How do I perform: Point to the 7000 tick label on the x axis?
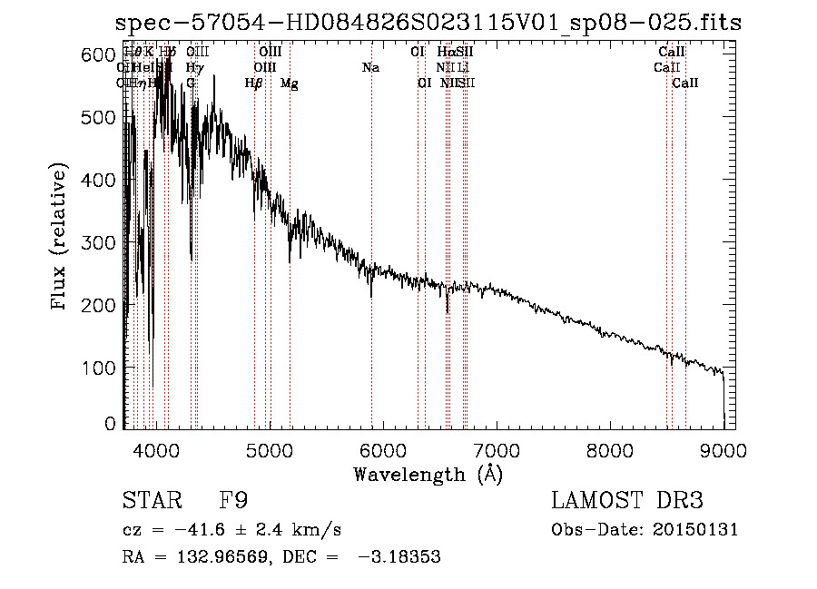pyautogui.click(x=497, y=449)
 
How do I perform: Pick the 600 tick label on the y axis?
pyautogui.click(x=96, y=54)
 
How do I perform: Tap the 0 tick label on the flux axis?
pyautogui.click(x=110, y=424)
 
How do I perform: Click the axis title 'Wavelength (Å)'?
pyautogui.click(x=428, y=474)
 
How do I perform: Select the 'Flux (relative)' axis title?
pyautogui.click(x=60, y=238)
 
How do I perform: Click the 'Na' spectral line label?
pyautogui.click(x=370, y=68)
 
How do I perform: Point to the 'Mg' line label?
pyautogui.click(x=289, y=83)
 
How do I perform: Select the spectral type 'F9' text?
pyautogui.click(x=233, y=502)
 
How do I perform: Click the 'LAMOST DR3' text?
pyautogui.click(x=626, y=502)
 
